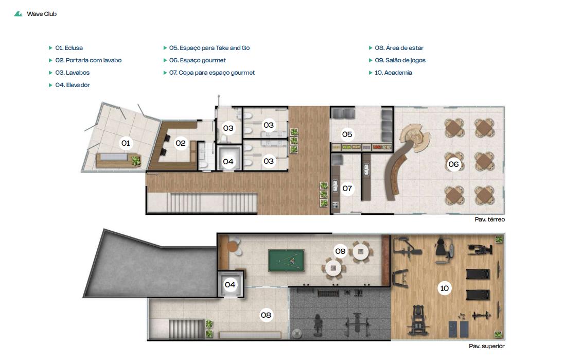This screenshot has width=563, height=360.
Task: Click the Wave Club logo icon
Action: (18, 14)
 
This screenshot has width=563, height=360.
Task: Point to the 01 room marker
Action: (126, 143)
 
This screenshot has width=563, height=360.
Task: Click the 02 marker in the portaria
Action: (181, 143)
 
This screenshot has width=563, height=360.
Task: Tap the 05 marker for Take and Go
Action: (347, 134)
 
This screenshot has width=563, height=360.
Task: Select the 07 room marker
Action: (347, 188)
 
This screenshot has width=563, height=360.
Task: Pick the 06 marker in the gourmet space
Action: (453, 164)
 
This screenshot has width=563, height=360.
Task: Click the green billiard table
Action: (286, 261)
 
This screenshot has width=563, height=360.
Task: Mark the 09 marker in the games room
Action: (340, 251)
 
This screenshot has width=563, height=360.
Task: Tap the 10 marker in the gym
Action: (445, 288)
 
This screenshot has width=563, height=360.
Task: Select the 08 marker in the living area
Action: (266, 315)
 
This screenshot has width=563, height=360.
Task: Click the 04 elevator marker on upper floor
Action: (230, 285)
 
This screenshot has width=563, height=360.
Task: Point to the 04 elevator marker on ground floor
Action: (228, 162)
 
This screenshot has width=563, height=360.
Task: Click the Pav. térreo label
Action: (489, 219)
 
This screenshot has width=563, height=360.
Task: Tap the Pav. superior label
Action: (486, 346)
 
